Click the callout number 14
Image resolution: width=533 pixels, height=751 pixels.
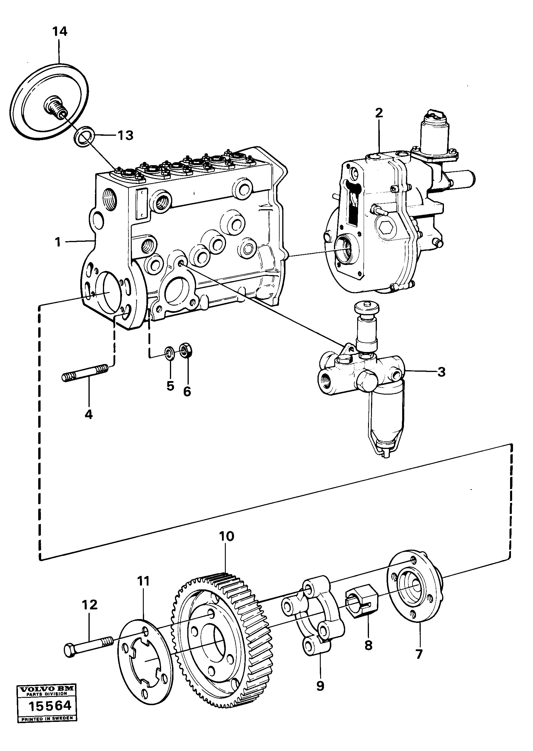[x=60, y=32]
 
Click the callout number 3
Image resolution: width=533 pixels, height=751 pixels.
[x=442, y=372]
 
